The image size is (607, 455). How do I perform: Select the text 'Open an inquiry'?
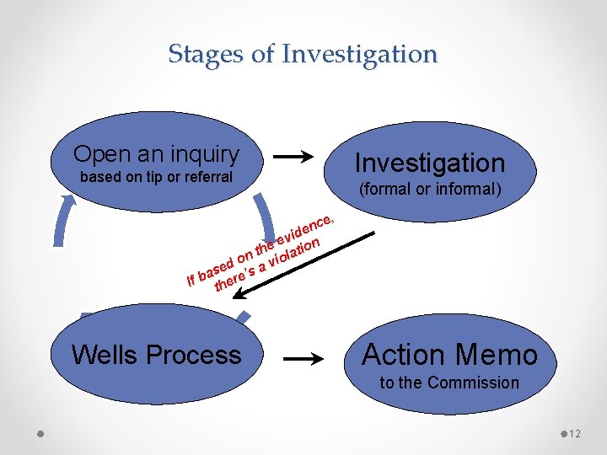point(156,154)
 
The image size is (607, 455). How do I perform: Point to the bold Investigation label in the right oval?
point(430,163)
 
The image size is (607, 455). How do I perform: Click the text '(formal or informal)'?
point(430,189)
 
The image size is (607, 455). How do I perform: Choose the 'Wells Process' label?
point(156,355)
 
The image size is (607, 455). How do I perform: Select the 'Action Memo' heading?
point(449,355)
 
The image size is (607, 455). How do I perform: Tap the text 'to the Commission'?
point(449,383)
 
